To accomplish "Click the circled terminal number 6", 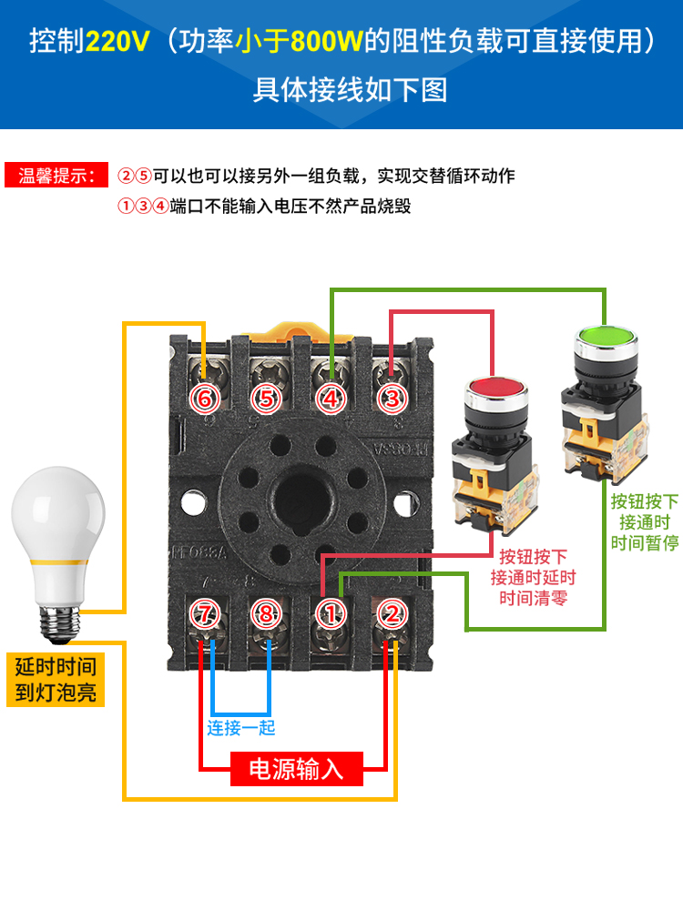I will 205,398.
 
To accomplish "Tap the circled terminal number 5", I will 266,398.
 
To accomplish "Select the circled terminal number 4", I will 331,398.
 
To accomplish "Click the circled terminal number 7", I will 205,614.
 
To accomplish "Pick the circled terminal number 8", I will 266,614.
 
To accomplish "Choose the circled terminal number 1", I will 331,614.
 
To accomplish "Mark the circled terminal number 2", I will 392,614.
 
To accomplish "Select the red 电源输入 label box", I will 296,769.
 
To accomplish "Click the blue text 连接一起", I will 240,728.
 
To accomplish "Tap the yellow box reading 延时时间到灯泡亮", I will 56,679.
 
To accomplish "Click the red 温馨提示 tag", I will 56,177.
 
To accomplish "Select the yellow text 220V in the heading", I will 115,41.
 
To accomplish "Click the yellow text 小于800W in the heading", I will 300,41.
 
